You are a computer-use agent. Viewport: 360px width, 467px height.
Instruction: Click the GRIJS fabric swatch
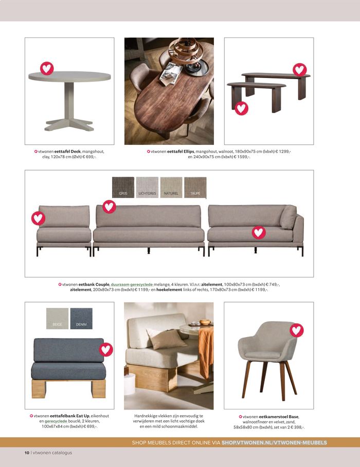pyautogui.click(x=123, y=188)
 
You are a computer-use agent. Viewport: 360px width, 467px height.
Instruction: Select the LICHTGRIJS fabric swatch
pyautogui.click(x=147, y=188)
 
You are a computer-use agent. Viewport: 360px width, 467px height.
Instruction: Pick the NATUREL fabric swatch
pyautogui.click(x=171, y=188)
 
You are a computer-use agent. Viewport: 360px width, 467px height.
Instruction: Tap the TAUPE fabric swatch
pyautogui.click(x=195, y=188)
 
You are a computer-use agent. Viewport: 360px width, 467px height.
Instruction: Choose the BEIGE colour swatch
pyautogui.click(x=57, y=319)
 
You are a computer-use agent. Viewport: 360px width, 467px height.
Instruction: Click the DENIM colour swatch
pyautogui.click(x=81, y=319)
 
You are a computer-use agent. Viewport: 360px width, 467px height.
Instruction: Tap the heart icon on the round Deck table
pyautogui.click(x=47, y=68)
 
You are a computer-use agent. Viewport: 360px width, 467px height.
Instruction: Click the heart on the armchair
pyautogui.click(x=296, y=330)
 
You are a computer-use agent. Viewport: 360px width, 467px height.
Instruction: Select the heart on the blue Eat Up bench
pyautogui.click(x=106, y=349)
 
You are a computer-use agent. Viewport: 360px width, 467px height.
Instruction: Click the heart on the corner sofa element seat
pyautogui.click(x=259, y=232)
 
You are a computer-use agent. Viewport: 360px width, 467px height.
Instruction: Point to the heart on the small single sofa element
pyautogui.click(x=38, y=218)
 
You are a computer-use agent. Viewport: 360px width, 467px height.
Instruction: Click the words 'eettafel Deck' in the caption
pyautogui.click(x=67, y=151)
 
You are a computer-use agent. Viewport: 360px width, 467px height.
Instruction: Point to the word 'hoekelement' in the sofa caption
pyautogui.click(x=169, y=289)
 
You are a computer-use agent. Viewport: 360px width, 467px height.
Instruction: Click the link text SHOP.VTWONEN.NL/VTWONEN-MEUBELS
pyautogui.click(x=274, y=442)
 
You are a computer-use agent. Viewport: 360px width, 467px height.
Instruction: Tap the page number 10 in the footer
pyautogui.click(x=27, y=453)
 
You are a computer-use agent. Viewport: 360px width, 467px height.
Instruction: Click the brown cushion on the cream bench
pyautogui.click(x=166, y=339)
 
